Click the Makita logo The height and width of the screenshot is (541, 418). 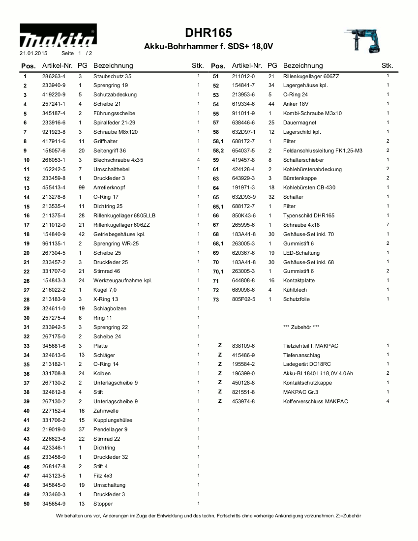pyautogui.click(x=58, y=37)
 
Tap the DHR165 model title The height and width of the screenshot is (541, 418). pyautogui.click(x=209, y=33)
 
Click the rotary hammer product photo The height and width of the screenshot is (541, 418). pyautogui.click(x=362, y=39)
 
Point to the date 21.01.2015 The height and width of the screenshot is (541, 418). pyautogui.click(x=30, y=53)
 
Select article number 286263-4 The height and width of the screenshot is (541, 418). pyautogui.click(x=54, y=76)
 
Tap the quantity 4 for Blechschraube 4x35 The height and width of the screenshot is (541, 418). pyautogui.click(x=198, y=160)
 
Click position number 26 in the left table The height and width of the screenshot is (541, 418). pyautogui.click(x=27, y=281)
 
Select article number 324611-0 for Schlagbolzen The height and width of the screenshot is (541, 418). pyautogui.click(x=54, y=309)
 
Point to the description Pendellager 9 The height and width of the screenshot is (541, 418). pyautogui.click(x=111, y=429)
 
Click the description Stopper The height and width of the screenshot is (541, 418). pyautogui.click(x=103, y=504)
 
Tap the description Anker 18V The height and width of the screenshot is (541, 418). pyautogui.click(x=296, y=104)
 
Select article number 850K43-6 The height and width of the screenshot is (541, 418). pyautogui.click(x=243, y=216)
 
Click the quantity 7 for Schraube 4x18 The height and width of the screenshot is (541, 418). pyautogui.click(x=388, y=225)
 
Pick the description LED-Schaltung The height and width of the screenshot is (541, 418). pyautogui.click(x=301, y=253)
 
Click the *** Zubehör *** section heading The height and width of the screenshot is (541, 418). pyautogui.click(x=301, y=327)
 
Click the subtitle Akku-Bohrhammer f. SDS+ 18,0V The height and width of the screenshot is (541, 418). pyautogui.click(x=209, y=47)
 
